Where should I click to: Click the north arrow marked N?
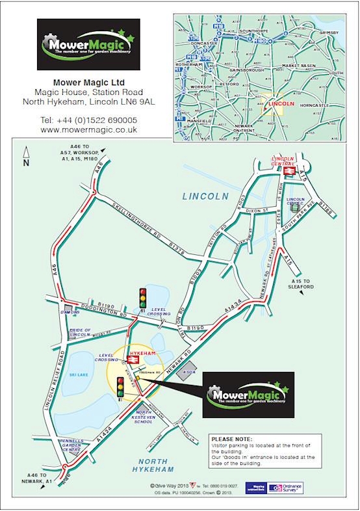[26, 156]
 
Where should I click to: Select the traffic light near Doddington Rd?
[142, 298]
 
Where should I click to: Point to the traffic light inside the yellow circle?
[120, 389]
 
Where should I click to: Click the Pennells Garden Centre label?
[71, 446]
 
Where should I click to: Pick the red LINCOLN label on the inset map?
[282, 103]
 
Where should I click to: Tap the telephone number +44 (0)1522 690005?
[88, 120]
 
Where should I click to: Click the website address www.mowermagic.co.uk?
[88, 130]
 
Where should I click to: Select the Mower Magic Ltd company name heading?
[88, 83]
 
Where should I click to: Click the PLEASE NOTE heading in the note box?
[230, 438]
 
